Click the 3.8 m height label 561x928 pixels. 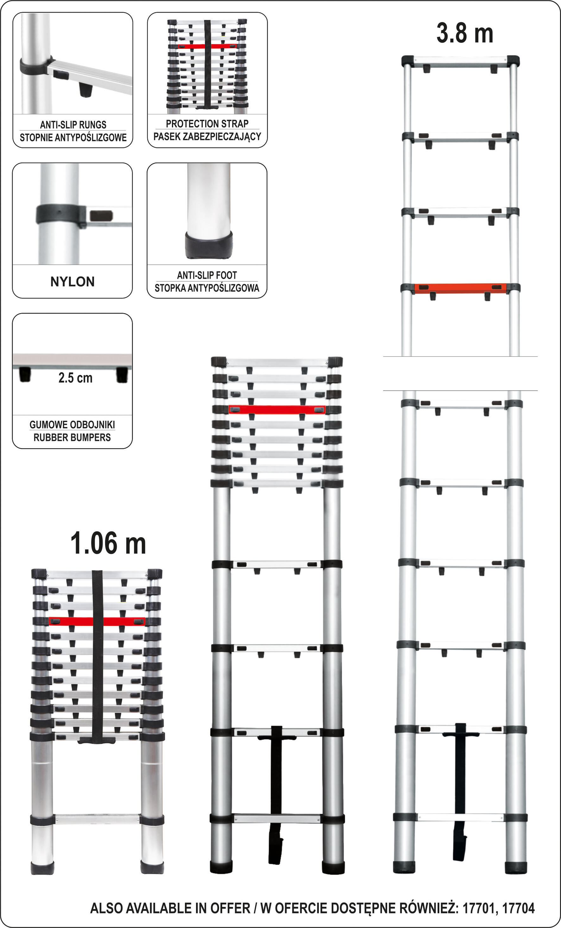pyautogui.click(x=465, y=33)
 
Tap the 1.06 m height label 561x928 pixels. pyautogui.click(x=108, y=543)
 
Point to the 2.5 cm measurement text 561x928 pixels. pyautogui.click(x=75, y=378)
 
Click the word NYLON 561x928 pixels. pyautogui.click(x=72, y=281)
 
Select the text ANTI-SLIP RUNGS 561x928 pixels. pyautogui.click(x=73, y=125)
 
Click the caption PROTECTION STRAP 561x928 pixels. pyautogui.click(x=207, y=123)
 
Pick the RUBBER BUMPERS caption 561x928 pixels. pyautogui.click(x=72, y=437)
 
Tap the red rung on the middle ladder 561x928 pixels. pyautogui.click(x=277, y=410)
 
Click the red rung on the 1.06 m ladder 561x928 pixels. pyautogui.click(x=97, y=622)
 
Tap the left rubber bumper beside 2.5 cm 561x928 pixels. pyautogui.click(x=25, y=375)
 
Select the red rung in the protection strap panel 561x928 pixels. pyautogui.click(x=207, y=46)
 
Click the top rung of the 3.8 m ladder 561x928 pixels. pyautogui.click(x=460, y=61)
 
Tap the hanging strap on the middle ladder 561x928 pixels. pyautogui.click(x=276, y=795)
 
